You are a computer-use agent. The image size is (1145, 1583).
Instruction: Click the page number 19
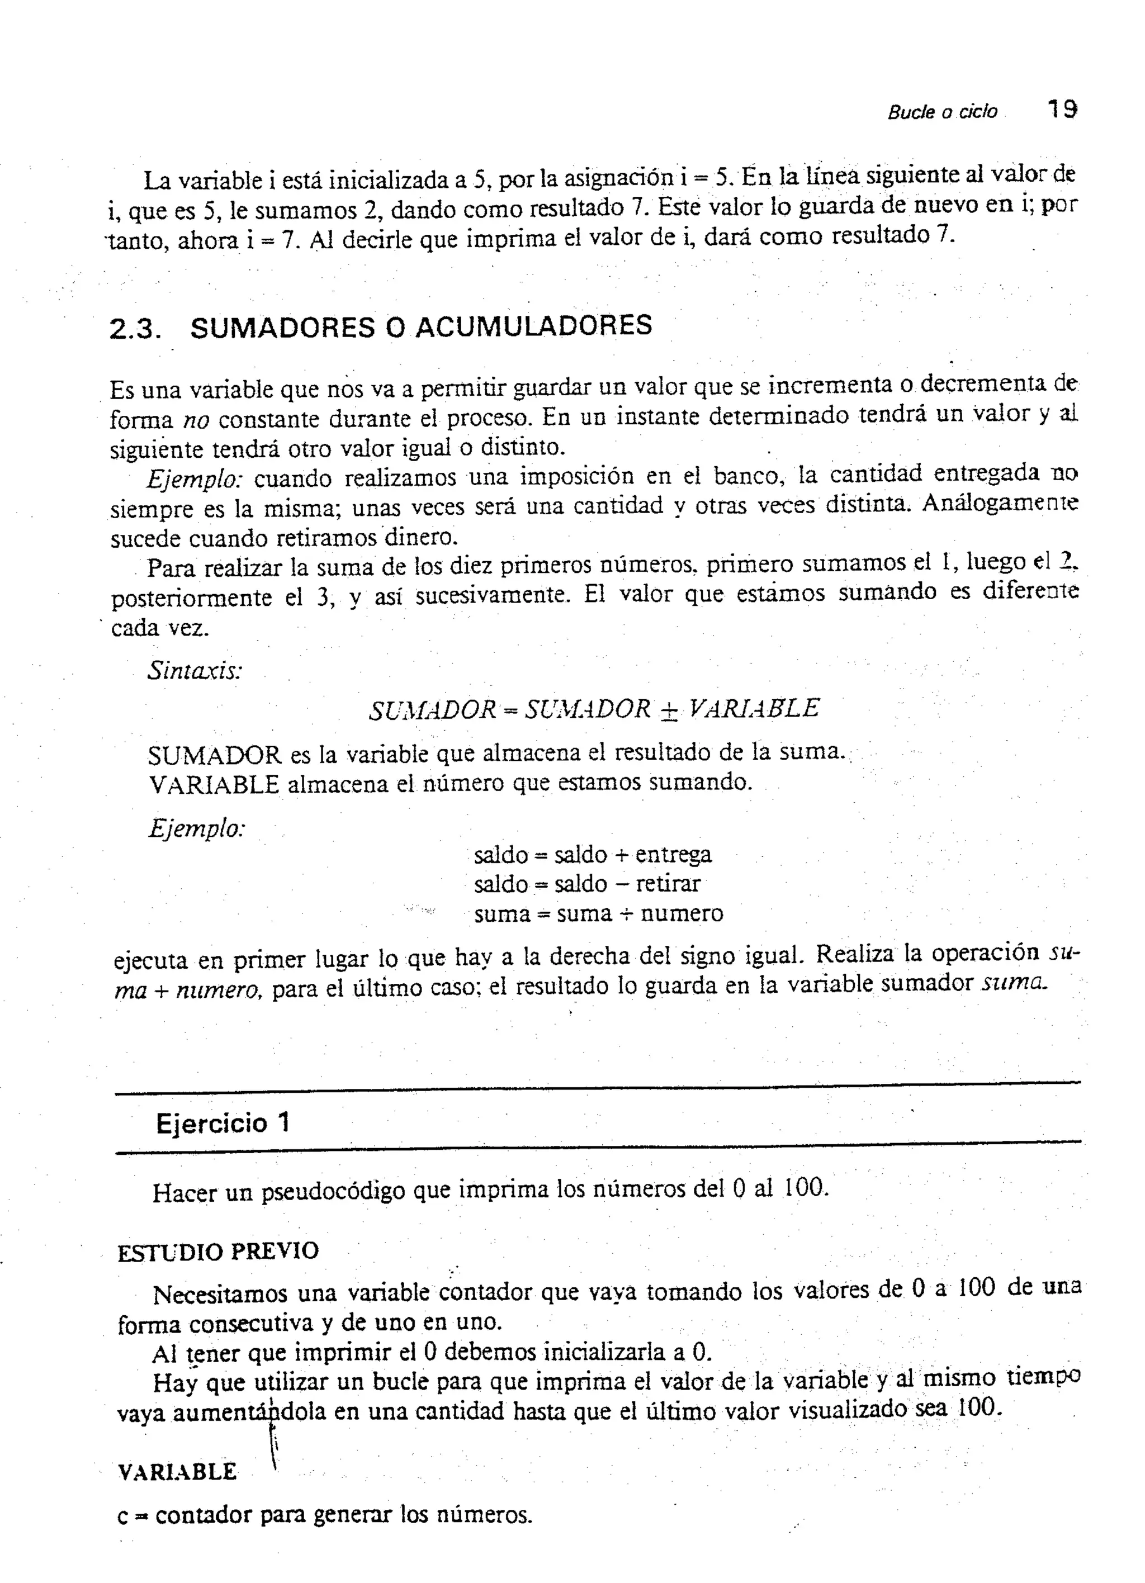1061,110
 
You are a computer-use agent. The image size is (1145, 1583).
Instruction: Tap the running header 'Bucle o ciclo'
942,112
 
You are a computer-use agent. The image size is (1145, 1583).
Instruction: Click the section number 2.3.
135,329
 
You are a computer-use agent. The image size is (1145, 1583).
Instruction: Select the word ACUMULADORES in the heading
533,326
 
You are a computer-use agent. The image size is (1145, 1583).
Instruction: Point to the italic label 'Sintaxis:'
195,671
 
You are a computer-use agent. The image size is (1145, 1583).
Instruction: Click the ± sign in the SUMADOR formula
669,709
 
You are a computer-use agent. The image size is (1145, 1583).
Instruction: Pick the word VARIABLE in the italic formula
753,708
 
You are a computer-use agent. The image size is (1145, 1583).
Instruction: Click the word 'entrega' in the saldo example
673,854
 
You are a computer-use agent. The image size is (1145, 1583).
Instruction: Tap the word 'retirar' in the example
668,884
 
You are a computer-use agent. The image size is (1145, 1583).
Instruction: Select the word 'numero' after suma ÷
682,913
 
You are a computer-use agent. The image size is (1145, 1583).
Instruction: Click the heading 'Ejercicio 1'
222,1124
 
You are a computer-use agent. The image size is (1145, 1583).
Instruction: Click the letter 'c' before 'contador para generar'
123,1515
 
